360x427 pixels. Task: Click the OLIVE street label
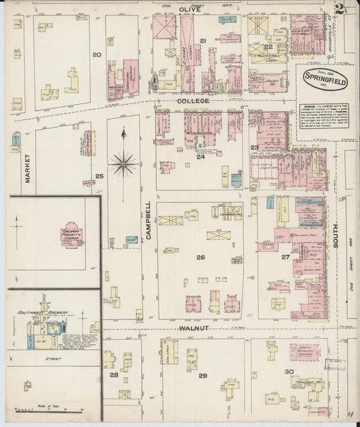189,9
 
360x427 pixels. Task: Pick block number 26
201,257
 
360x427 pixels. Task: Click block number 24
201,157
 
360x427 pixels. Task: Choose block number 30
289,372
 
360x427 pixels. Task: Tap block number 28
114,374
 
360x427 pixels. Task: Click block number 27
286,257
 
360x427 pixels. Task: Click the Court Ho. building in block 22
269,82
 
